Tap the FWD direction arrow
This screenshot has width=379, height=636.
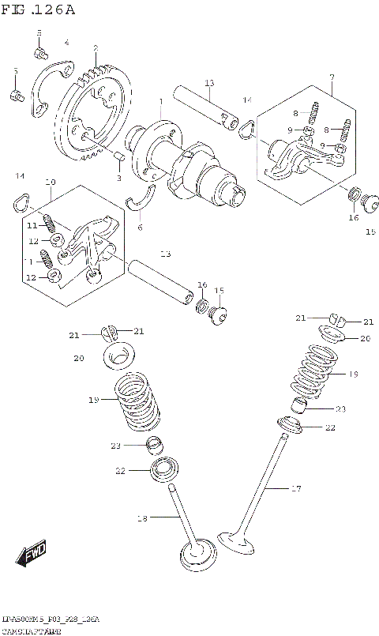click(34, 555)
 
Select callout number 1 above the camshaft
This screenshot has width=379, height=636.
click(160, 102)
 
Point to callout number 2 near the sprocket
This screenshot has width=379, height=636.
click(96, 48)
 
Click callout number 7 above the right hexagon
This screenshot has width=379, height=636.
click(332, 77)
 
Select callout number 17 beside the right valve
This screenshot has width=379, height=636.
click(295, 489)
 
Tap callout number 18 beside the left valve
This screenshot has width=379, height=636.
click(143, 518)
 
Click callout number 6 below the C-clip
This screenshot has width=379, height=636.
click(140, 228)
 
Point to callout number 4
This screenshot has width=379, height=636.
click(66, 42)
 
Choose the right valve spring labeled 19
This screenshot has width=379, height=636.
click(314, 371)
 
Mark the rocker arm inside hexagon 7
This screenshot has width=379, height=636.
click(296, 154)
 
